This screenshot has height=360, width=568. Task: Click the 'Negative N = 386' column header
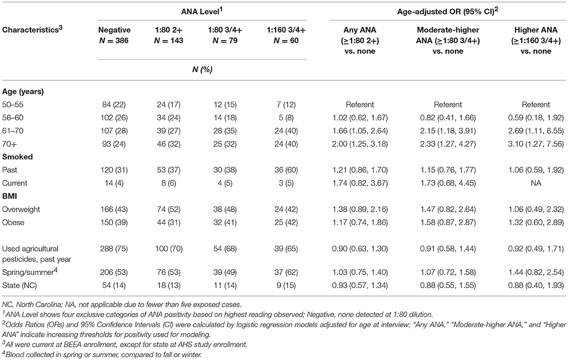pos(114,35)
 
